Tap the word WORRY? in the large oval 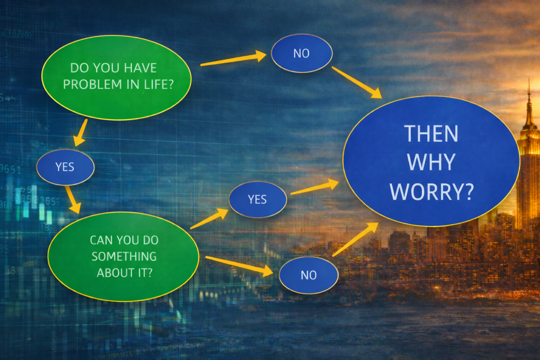coord(431,192)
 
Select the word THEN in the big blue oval coord(431,133)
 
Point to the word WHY coord(431,162)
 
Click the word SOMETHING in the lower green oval coord(124,256)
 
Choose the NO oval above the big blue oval coord(302,53)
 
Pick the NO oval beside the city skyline coord(308,275)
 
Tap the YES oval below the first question coord(65,167)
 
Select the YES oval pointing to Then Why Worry coord(257,199)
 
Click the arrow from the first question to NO coord(234,58)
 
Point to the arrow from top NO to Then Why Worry coord(357,82)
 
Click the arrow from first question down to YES coord(81,132)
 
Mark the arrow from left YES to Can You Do coord(73,200)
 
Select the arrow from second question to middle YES coord(209,219)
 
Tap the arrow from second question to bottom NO coord(239,265)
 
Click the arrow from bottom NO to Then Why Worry coord(355,239)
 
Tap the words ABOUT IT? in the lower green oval coord(124,273)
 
